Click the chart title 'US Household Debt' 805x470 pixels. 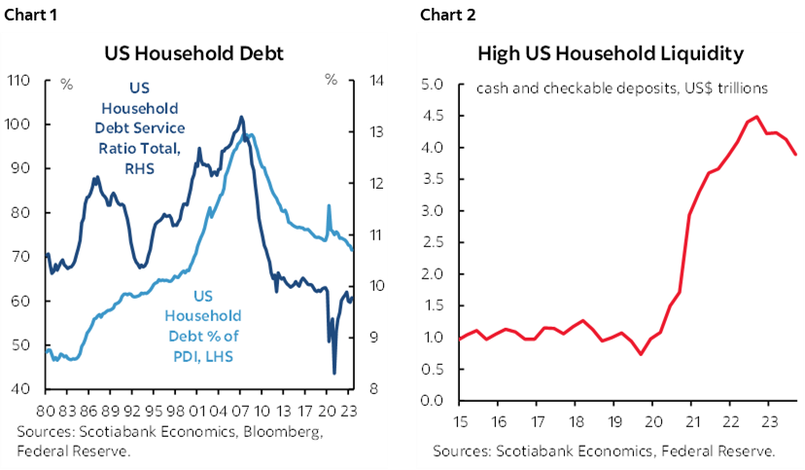click(193, 54)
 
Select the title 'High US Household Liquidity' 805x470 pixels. click(610, 54)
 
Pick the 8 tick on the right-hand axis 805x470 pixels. click(374, 389)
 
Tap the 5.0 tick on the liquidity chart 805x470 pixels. click(433, 85)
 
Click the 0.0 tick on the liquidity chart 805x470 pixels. click(433, 401)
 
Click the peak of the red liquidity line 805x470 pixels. click(755, 117)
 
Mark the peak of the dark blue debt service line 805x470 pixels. click(241, 117)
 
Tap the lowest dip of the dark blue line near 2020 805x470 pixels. click(334, 373)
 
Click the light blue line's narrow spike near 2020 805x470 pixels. click(328, 205)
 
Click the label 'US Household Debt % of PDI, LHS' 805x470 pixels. click(201, 325)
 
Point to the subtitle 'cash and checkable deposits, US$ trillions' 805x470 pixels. click(622, 88)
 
